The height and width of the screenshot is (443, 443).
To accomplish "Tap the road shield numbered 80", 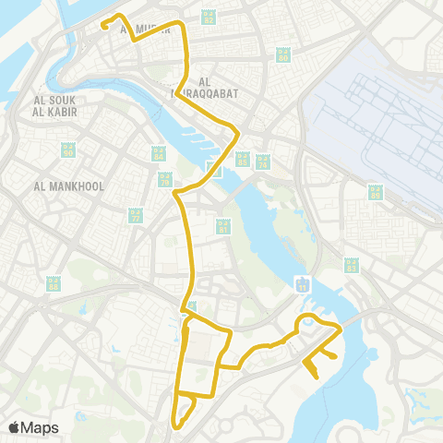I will coord(283,54).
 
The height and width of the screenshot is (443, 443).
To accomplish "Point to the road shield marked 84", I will coord(156,153).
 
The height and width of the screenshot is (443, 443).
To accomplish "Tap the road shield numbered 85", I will coord(375,193).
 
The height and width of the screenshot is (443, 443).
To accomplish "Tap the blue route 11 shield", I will coord(302,283).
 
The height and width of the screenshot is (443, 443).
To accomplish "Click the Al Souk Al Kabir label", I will coord(53,106).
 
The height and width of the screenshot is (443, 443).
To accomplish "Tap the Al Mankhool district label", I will coord(68,186).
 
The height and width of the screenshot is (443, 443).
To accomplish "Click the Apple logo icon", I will coord(15,427).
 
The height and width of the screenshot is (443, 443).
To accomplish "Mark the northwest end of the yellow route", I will coord(103,26).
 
